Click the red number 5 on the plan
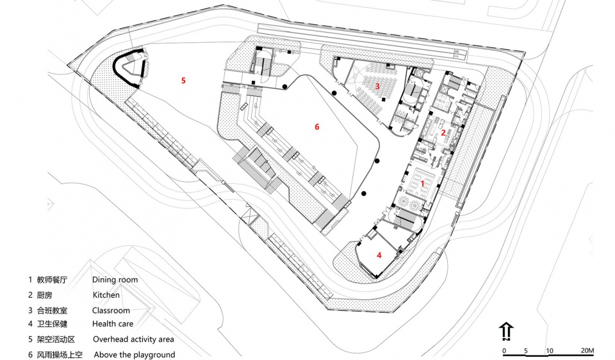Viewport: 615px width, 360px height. click(183, 81)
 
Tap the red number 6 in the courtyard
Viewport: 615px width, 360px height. click(317, 127)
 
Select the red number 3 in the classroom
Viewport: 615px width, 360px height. click(378, 86)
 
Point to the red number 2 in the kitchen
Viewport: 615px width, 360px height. click(443, 133)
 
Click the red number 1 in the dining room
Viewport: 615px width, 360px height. click(422, 183)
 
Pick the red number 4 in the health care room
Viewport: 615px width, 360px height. click(379, 256)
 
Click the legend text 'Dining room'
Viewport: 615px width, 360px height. click(115, 280)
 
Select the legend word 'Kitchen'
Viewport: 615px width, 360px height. click(106, 295)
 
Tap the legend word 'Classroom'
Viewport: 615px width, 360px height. click(111, 311)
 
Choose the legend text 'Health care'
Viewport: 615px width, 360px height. click(113, 324)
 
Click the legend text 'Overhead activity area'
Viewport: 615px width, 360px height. click(133, 340)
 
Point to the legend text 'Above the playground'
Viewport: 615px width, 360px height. click(135, 354)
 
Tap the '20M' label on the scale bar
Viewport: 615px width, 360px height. click(587, 350)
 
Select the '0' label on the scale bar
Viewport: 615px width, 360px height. click(504, 350)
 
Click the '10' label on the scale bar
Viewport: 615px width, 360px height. click(550, 350)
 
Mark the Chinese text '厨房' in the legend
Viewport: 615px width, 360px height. click(44, 295)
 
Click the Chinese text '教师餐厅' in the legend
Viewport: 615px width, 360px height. click(52, 280)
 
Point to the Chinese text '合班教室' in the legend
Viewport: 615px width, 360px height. click(52, 311)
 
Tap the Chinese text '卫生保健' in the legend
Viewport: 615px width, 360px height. click(52, 324)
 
